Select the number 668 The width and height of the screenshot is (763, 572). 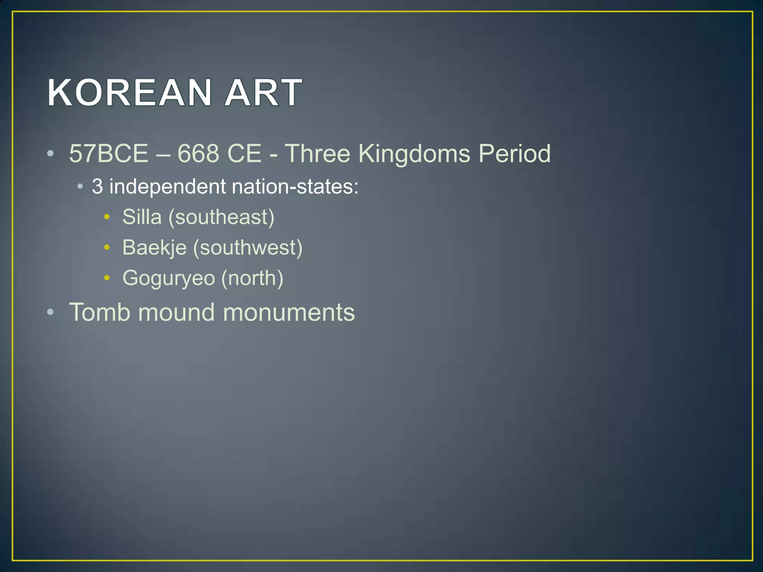coord(198,153)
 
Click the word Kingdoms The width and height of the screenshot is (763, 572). coord(414,153)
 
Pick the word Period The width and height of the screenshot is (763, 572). coord(515,153)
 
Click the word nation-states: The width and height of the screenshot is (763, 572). coord(295,186)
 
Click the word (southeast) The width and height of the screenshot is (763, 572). coord(221,217)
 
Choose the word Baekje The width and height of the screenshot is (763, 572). coord(154,248)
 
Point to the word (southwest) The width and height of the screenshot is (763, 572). coord(248,248)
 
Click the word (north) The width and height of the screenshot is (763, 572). coord(252,279)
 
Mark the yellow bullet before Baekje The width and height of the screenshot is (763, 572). coord(107,247)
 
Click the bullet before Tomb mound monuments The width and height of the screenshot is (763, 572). coord(51,312)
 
